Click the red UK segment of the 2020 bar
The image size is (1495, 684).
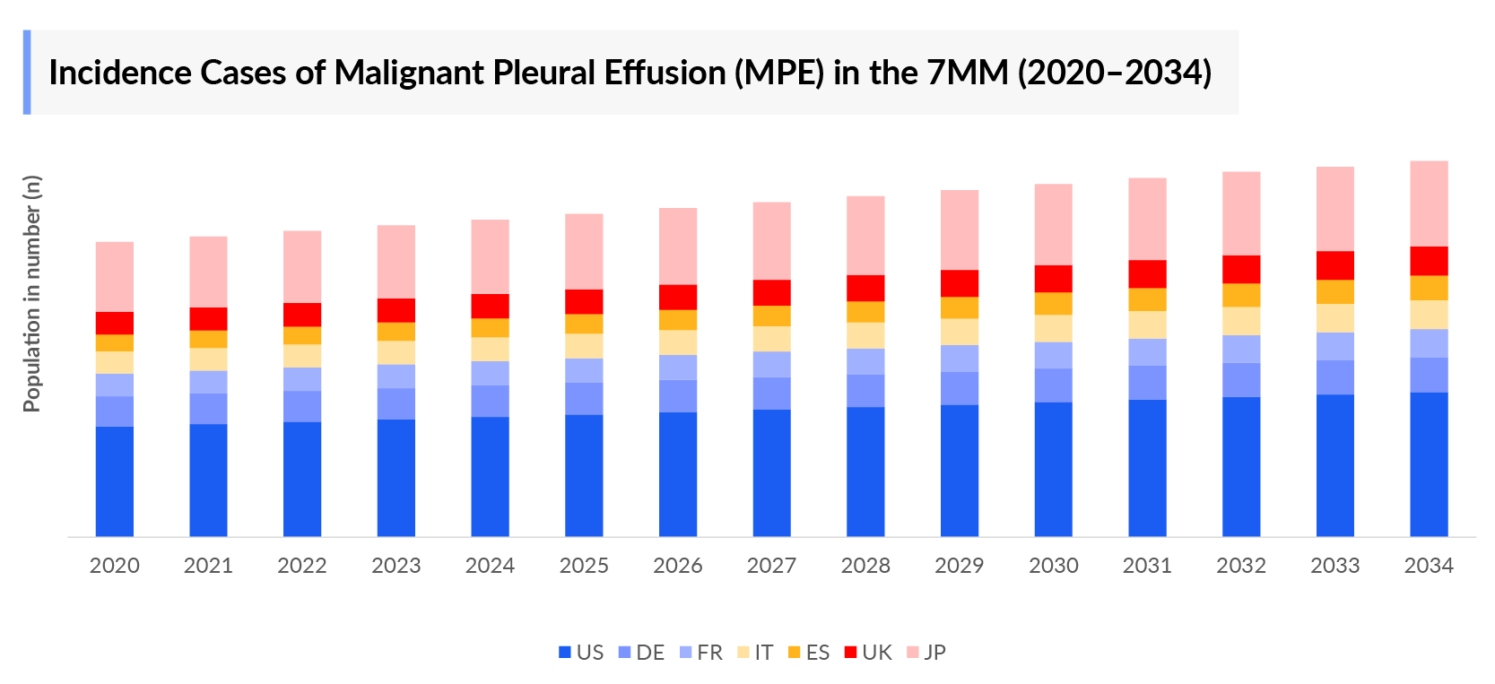tap(115, 323)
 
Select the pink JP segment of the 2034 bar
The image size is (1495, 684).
tap(1429, 203)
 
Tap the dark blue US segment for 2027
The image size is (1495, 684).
tap(771, 472)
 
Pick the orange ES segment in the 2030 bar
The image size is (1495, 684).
tap(1053, 303)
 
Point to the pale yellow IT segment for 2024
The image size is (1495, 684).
tap(490, 349)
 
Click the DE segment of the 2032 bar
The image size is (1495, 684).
tap(1241, 379)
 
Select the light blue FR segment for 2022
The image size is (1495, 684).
tap(302, 378)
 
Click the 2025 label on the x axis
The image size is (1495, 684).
tap(584, 566)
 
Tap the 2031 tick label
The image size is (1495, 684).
tap(1147, 566)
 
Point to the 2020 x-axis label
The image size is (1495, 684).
tap(115, 566)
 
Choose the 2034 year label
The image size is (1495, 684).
tap(1429, 566)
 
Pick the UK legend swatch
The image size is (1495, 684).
tap(851, 653)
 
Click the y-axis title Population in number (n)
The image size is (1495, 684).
tap(32, 293)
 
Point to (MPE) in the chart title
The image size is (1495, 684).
tap(778, 73)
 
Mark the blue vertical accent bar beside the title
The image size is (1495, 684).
tap(27, 72)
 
